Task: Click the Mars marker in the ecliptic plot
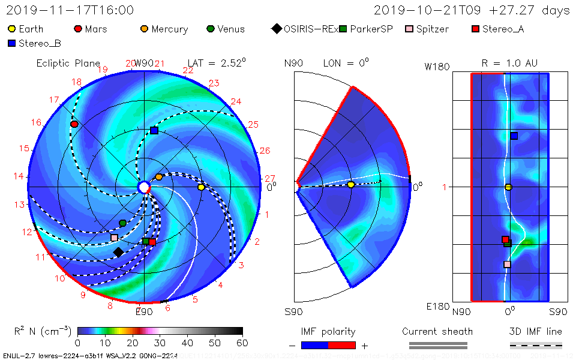coord(74,124)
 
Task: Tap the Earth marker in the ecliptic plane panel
coord(201,187)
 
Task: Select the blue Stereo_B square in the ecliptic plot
coord(154,130)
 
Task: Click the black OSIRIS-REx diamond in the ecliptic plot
coord(118,252)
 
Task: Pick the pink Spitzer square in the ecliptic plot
coord(115,238)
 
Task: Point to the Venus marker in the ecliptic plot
coord(123,223)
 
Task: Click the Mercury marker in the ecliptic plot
coord(159,177)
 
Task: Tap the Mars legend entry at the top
coord(90,29)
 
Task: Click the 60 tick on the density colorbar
coord(242,343)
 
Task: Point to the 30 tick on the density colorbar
coord(160,343)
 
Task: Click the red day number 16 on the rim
coord(37,122)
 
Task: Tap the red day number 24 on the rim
coord(236,101)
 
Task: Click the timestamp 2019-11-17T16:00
coord(70,10)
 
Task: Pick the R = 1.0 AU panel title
coord(509,63)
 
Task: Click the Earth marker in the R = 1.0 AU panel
coord(508,187)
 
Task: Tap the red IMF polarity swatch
coord(342,345)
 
